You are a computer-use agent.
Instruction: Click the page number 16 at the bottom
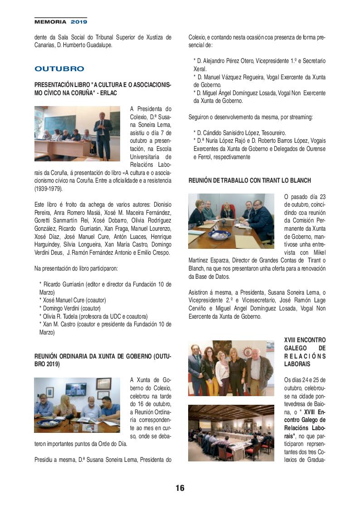pyautogui.click(x=180, y=488)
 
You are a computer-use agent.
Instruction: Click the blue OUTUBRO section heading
pyautogui.click(x=59, y=69)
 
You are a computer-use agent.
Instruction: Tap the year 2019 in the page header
pyautogui.click(x=78, y=21)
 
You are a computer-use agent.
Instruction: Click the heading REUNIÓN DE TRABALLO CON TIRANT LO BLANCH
pyautogui.click(x=250, y=180)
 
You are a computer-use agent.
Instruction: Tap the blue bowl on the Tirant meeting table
pyautogui.click(x=219, y=234)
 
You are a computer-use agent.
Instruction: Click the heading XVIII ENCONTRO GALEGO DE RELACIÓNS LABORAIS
pyautogui.click(x=305, y=351)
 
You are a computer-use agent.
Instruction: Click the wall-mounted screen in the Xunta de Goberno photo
pyautogui.click(x=76, y=388)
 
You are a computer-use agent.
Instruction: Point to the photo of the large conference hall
pyautogui.click(x=231, y=433)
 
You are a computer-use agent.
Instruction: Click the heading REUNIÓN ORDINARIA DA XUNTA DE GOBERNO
pyautogui.click(x=103, y=360)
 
